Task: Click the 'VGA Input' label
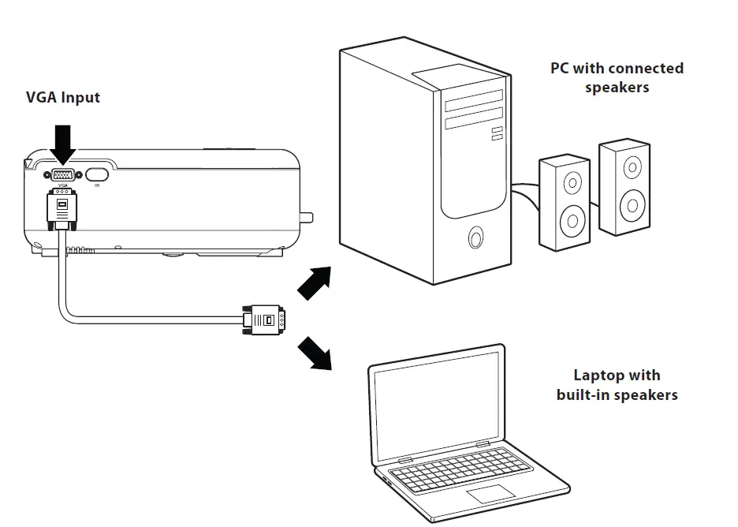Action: pyautogui.click(x=63, y=98)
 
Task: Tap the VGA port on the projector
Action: pyautogui.click(x=63, y=175)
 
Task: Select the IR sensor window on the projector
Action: pyautogui.click(x=96, y=175)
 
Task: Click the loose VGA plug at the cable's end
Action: pyautogui.click(x=263, y=320)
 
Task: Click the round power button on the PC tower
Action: pyautogui.click(x=475, y=237)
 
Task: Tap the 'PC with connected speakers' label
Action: pyautogui.click(x=617, y=77)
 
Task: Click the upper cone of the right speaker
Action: pyautogui.click(x=632, y=167)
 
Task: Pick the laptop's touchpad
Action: pyautogui.click(x=490, y=495)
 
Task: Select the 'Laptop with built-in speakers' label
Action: pyautogui.click(x=617, y=385)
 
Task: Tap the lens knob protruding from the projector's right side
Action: pyautogui.click(x=307, y=216)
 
